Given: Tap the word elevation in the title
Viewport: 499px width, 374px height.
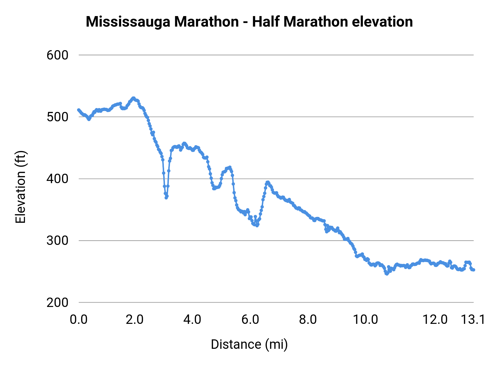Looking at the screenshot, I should (382, 22).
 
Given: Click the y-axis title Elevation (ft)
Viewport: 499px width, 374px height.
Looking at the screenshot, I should (21, 187).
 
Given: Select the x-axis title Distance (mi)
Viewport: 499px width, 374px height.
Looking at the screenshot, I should (249, 344).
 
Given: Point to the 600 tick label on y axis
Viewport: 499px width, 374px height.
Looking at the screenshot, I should (57, 55).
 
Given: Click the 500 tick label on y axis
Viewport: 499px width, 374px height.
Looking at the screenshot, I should (57, 117).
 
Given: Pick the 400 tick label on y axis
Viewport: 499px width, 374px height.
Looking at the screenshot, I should (57, 179).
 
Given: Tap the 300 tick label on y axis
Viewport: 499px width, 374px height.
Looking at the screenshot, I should (57, 240).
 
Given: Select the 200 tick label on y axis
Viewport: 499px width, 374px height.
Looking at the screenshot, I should (57, 303).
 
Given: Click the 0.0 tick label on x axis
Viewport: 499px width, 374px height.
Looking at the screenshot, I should (79, 320).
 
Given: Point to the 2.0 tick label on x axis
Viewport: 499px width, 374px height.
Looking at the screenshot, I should (134, 320).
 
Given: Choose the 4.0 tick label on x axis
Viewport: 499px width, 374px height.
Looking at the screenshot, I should (192, 320).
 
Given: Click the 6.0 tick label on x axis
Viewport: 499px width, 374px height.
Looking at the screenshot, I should (250, 320).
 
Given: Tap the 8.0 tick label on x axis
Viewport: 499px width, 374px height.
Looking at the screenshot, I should (308, 320).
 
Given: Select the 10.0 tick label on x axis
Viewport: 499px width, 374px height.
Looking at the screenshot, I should (365, 320).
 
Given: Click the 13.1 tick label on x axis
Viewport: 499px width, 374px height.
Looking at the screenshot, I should (473, 320).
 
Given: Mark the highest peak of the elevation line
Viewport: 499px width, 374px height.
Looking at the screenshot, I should (133, 98).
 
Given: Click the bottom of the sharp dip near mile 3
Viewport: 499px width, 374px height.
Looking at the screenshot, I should (166, 198).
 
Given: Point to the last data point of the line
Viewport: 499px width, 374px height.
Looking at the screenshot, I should (473, 270).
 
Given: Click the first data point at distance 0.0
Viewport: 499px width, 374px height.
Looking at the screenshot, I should (79, 110).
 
